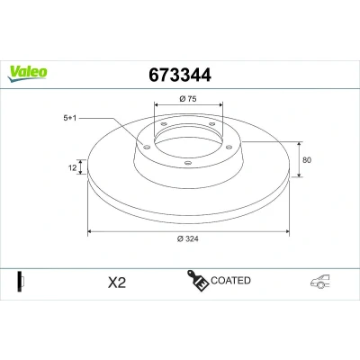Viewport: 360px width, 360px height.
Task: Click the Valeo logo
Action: click(28, 74)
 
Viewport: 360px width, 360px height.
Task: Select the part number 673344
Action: click(180, 75)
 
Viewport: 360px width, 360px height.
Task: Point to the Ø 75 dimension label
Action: click(188, 98)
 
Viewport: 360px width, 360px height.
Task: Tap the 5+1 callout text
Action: click(70, 118)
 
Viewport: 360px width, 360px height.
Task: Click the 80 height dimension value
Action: click(307, 160)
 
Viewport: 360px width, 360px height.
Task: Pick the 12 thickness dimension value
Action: click(73, 167)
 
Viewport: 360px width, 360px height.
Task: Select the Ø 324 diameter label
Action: click(188, 238)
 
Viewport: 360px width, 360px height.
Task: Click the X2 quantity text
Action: click(117, 283)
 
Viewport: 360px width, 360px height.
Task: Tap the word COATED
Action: click(230, 281)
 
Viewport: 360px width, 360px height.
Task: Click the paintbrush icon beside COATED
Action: click(198, 280)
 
